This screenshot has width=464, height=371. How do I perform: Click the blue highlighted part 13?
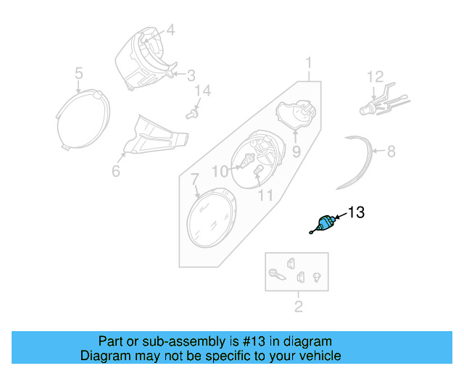coord(324,223)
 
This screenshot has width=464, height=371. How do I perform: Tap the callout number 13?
coord(356,213)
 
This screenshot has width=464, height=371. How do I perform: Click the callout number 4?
coord(171,30)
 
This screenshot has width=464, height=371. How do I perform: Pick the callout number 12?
coord(374,76)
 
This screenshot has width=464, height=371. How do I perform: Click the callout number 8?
coord(391,151)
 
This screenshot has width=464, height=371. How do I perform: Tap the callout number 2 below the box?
coord(298,307)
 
